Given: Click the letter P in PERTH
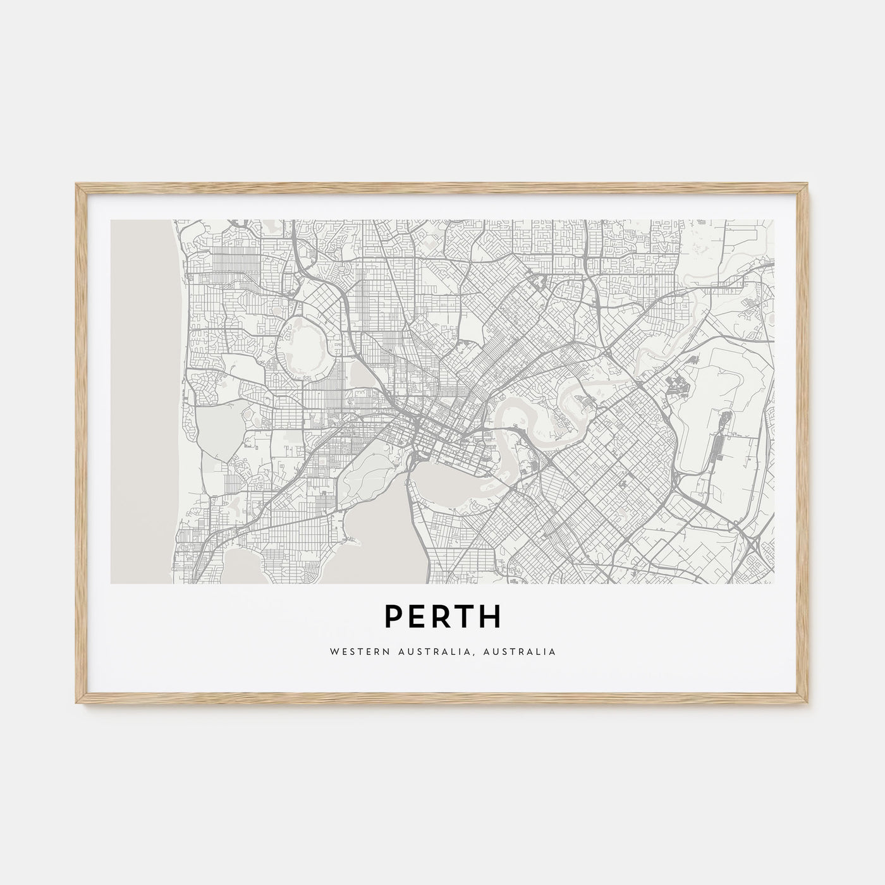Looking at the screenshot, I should tap(394, 618).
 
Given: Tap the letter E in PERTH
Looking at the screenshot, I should tap(418, 618).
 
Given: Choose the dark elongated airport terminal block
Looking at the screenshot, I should tap(717, 455).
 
